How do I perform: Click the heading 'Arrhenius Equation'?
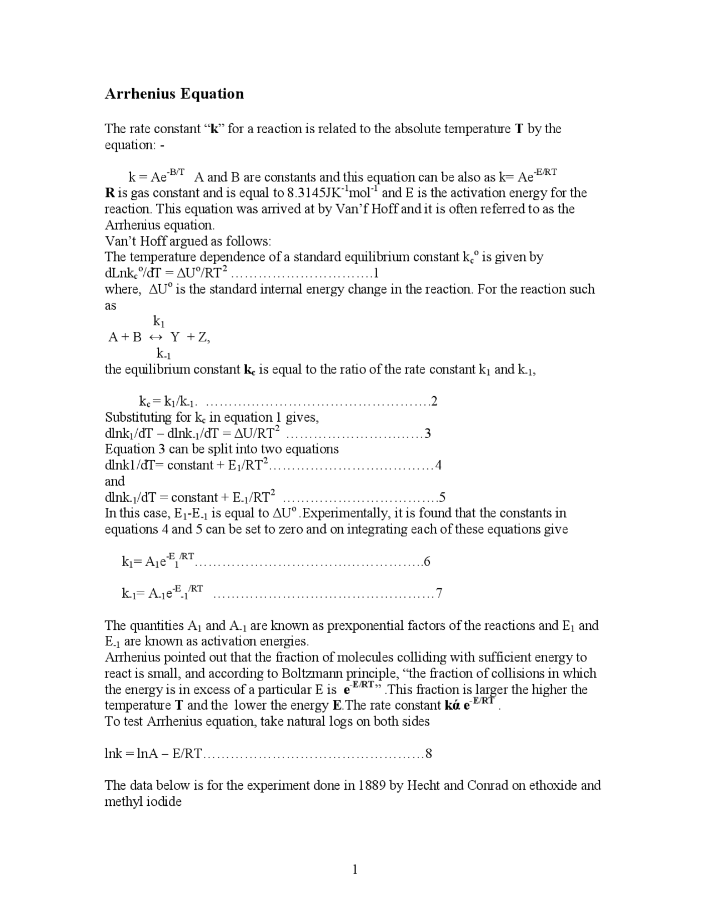[x=174, y=93]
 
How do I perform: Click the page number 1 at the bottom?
[x=355, y=869]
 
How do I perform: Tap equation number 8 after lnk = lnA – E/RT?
[x=428, y=754]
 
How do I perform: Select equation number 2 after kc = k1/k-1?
[x=434, y=401]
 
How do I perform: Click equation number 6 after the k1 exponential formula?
[x=427, y=562]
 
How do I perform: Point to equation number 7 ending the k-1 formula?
[x=439, y=594]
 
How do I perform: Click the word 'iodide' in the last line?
[x=165, y=802]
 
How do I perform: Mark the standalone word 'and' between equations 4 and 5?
[x=114, y=481]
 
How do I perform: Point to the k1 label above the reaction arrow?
[x=159, y=321]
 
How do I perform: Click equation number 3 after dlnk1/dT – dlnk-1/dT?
[x=428, y=433]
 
